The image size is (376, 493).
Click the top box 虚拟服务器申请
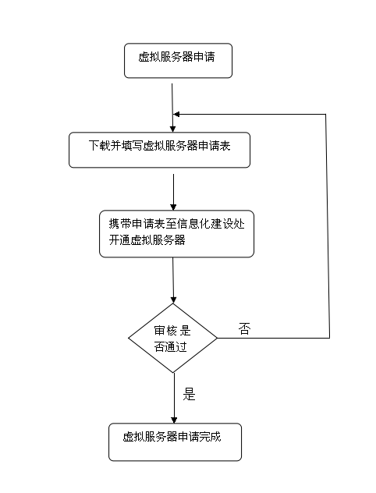click(179, 61)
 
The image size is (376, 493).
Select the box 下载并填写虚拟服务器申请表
click(159, 150)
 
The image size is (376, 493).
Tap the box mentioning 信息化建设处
click(176, 234)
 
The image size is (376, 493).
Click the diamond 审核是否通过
click(173, 338)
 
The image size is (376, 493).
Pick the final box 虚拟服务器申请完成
click(175, 442)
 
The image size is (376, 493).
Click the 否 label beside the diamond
click(245, 329)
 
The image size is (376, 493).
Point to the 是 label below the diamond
click(190, 394)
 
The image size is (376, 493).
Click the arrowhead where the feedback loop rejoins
click(176, 115)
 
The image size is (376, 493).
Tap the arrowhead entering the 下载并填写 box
click(172, 129)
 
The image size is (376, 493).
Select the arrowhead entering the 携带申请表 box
click(173, 207)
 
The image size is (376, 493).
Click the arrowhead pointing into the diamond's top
click(173, 300)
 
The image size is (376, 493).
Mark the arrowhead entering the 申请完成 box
click(174, 420)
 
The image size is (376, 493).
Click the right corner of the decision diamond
click(217, 339)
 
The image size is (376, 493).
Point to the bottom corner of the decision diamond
click(173, 373)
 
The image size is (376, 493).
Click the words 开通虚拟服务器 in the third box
click(147, 240)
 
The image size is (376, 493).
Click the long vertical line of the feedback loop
click(328, 226)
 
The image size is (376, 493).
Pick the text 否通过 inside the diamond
click(171, 347)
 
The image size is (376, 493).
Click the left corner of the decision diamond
click(129, 339)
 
